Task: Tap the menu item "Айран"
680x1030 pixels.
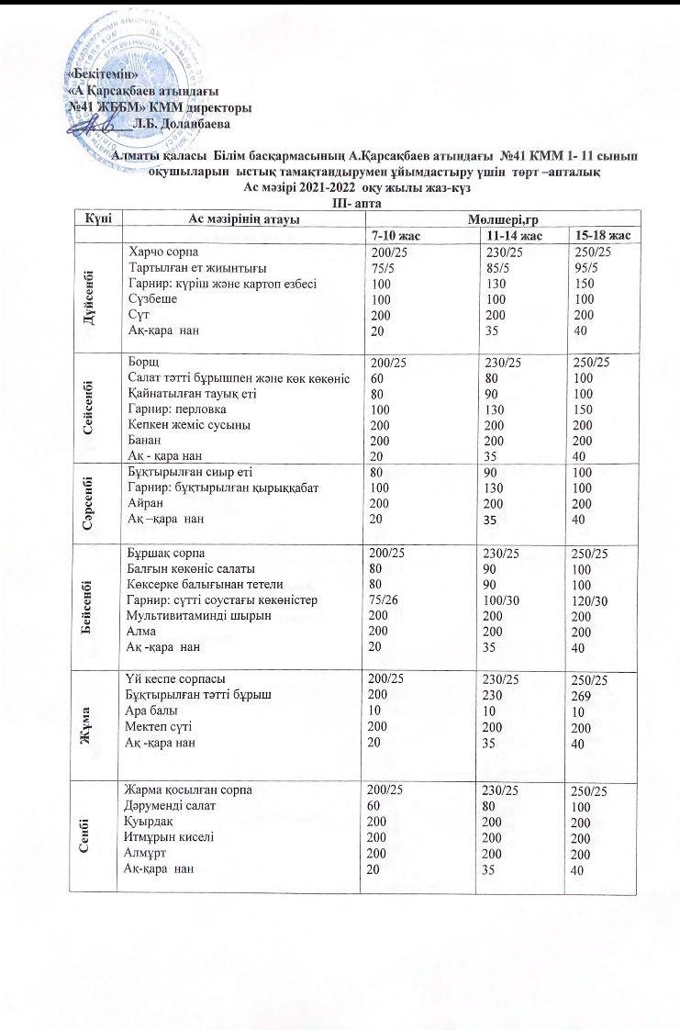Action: point(145,503)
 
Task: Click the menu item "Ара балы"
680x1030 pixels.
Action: point(152,711)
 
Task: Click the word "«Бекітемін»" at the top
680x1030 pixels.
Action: point(104,73)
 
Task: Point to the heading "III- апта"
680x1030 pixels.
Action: point(356,202)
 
